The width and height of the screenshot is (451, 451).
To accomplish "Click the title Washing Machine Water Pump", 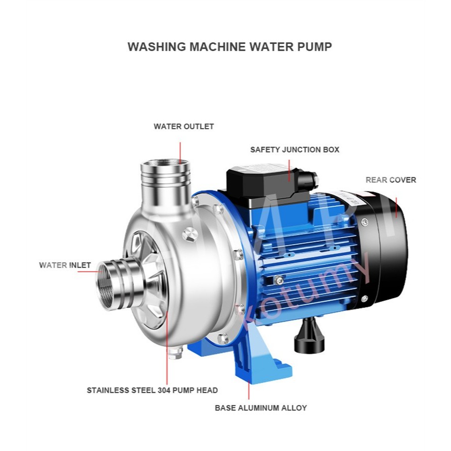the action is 229,47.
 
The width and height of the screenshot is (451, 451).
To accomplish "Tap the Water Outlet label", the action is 183,127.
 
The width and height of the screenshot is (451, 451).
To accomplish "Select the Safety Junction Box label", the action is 295,150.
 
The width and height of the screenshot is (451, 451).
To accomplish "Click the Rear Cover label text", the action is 391,180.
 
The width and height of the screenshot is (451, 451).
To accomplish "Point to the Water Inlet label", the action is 65,265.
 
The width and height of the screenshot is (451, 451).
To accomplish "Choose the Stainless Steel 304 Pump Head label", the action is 152,390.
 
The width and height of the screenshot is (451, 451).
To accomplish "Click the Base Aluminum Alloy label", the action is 261,408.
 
